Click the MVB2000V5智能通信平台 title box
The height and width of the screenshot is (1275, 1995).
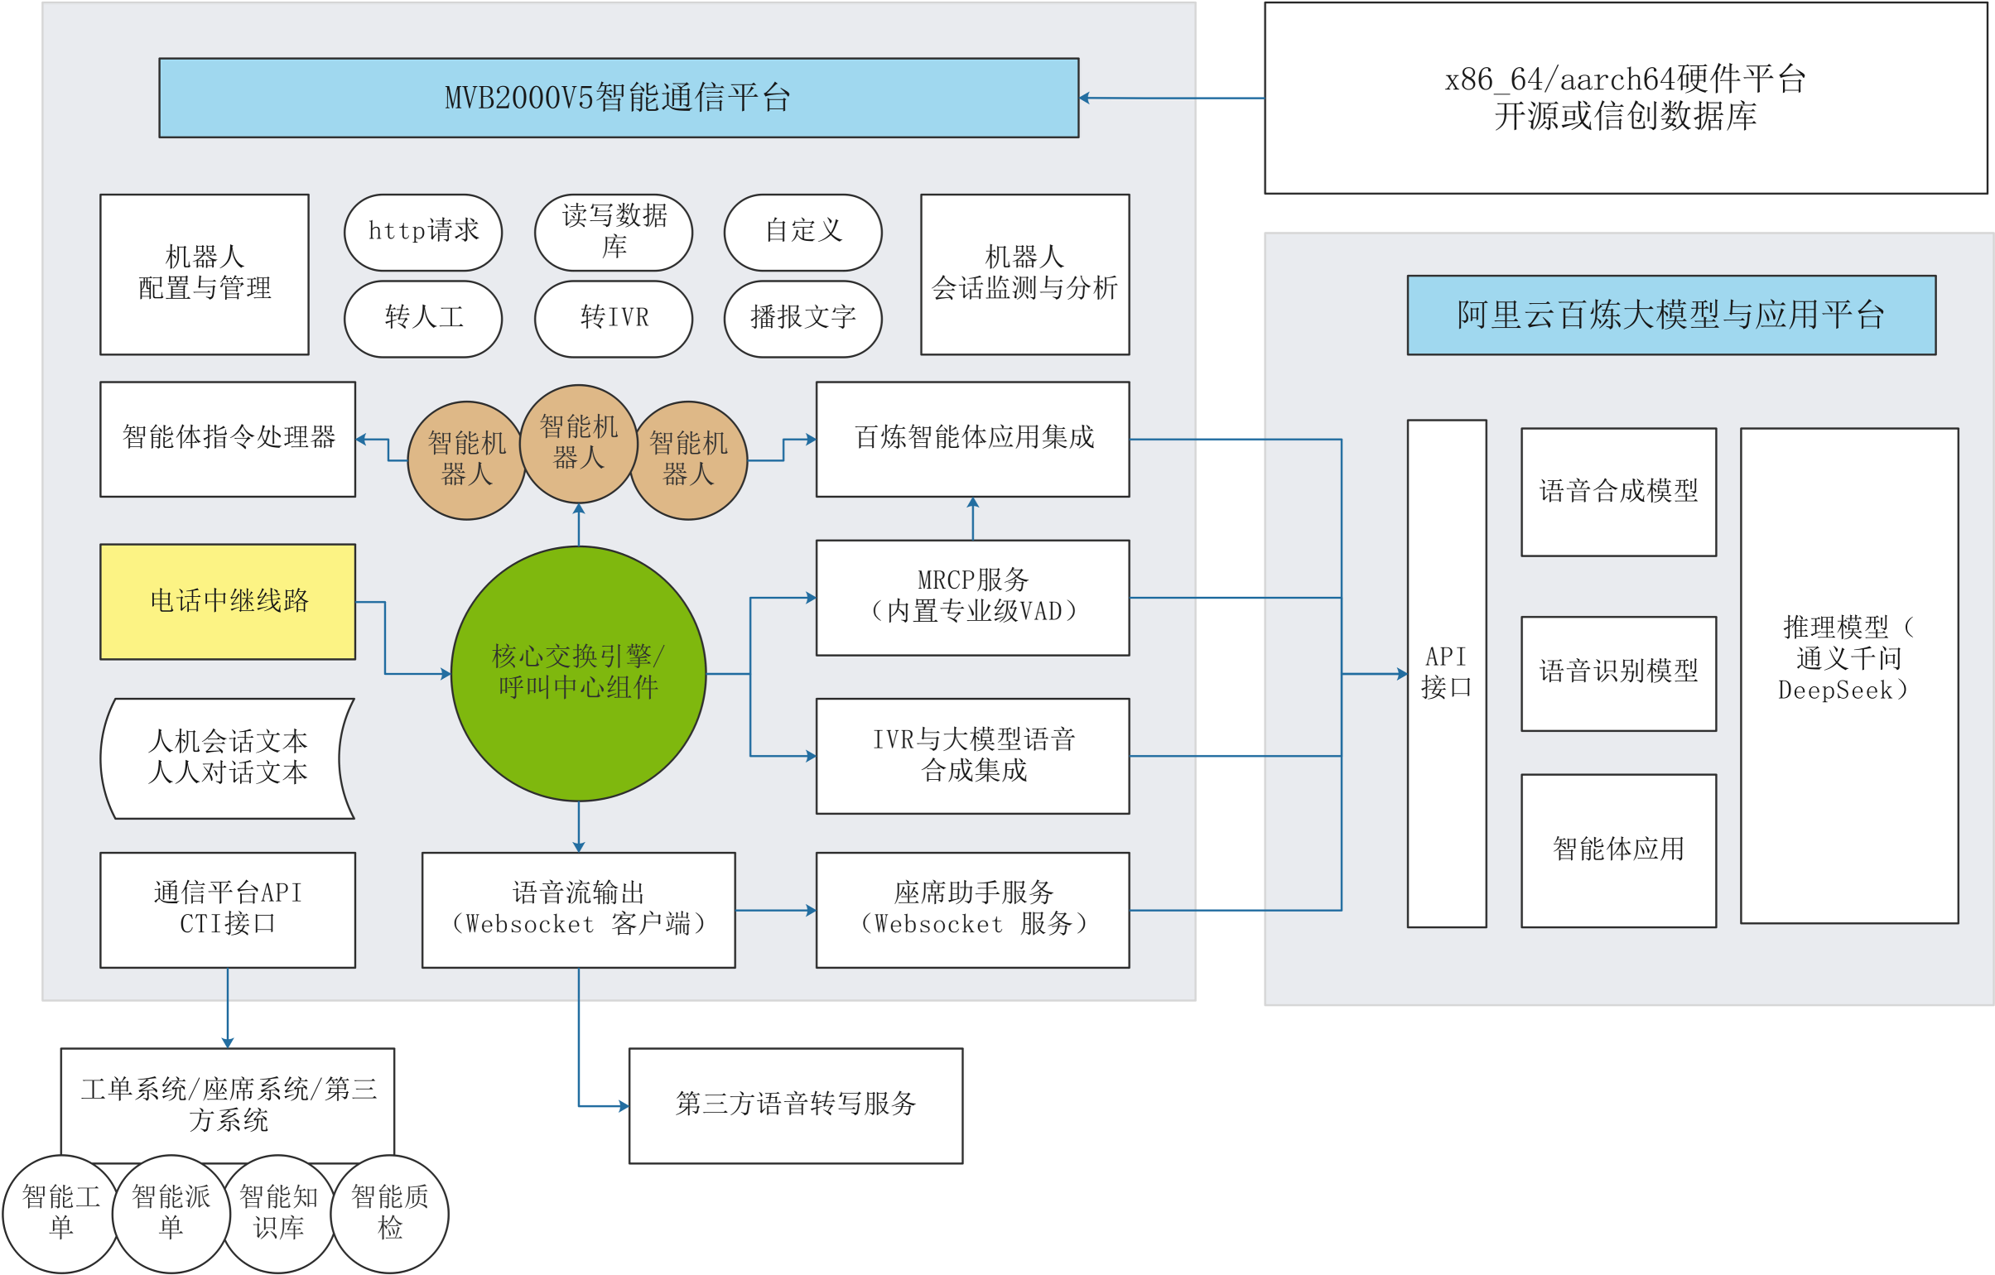click(x=618, y=98)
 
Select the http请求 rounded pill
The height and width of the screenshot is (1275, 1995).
click(x=422, y=232)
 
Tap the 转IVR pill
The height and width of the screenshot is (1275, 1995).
click(x=613, y=319)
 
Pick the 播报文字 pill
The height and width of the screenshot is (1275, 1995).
click(x=802, y=319)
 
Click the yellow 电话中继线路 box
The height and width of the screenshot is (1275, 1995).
click(x=228, y=601)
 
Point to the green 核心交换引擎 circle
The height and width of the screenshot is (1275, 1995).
click(x=578, y=673)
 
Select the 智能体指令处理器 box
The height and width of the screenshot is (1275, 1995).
click(x=228, y=439)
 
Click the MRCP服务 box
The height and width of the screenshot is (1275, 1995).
click(x=971, y=597)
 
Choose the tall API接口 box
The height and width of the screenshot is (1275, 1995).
click(x=1446, y=673)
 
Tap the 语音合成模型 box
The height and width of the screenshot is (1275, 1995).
click(x=1618, y=492)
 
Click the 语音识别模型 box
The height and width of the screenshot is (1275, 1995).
click(x=1618, y=673)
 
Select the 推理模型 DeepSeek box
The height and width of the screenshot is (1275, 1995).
click(x=1848, y=675)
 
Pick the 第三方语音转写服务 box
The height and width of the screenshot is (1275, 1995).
click(x=795, y=1105)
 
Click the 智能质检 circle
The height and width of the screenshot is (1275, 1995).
click(x=389, y=1213)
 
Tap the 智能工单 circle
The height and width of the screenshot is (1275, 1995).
click(x=60, y=1213)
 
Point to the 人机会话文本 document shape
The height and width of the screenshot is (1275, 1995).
click(x=228, y=758)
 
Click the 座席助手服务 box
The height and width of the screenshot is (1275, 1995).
click(x=971, y=910)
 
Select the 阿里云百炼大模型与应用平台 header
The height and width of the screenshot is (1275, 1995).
click(x=1670, y=315)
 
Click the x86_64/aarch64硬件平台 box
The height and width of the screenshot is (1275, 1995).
click(x=1625, y=98)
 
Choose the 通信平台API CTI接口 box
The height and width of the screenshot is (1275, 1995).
click(x=228, y=910)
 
